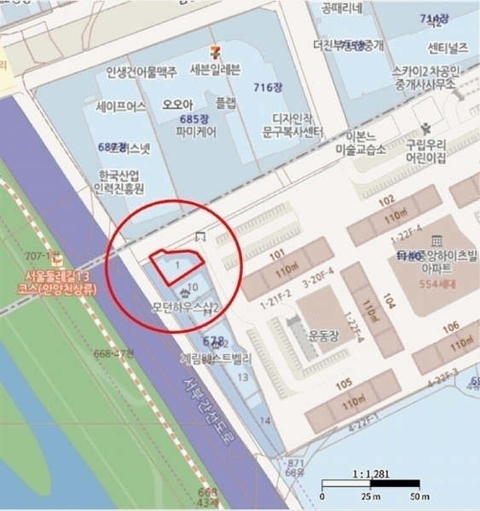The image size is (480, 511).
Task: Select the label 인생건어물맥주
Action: coord(142,72)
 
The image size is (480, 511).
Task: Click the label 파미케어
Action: coord(196,132)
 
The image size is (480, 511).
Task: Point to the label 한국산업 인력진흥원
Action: coord(122,181)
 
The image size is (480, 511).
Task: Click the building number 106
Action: coord(451,326)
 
